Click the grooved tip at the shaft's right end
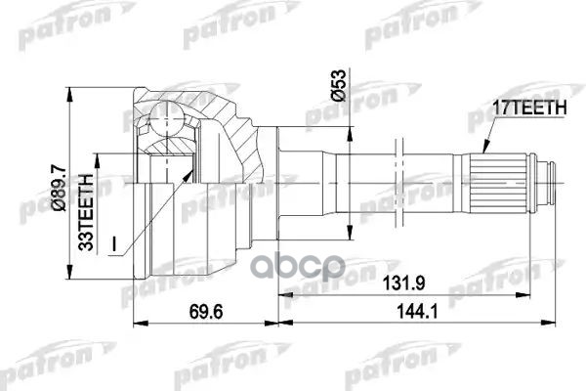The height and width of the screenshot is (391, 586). coord(552,177)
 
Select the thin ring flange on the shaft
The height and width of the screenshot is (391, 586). coord(398,177)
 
